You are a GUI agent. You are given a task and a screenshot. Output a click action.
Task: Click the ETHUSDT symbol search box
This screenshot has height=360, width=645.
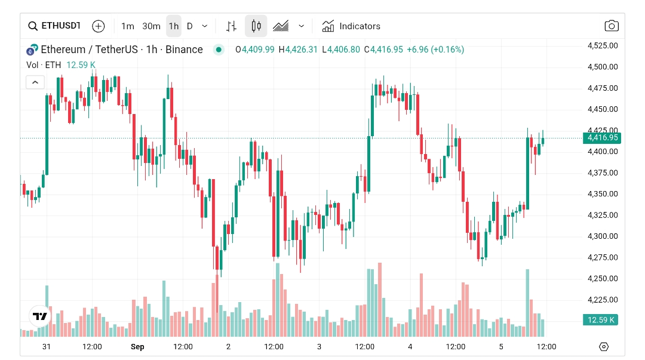tap(54, 26)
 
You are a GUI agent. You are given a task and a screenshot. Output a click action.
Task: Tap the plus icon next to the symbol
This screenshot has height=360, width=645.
tap(99, 26)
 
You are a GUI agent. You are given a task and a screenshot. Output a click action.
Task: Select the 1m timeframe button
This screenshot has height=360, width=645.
tap(127, 26)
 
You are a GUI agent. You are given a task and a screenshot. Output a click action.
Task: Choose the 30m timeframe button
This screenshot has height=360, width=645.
tap(151, 26)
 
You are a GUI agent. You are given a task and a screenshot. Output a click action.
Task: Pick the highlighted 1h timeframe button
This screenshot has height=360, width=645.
tap(174, 26)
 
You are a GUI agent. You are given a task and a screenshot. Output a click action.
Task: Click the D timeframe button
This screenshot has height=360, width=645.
tap(190, 26)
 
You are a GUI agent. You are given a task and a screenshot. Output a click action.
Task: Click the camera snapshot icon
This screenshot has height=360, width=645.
tap(611, 26)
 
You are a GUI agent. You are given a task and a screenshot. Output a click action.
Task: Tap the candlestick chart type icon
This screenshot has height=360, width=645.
tap(256, 26)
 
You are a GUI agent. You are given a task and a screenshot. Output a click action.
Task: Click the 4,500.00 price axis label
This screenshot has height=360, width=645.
tap(602, 67)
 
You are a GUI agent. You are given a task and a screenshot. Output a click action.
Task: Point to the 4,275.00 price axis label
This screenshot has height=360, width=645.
tap(602, 257)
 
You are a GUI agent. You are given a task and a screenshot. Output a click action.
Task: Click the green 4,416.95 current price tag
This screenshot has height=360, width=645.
tap(602, 138)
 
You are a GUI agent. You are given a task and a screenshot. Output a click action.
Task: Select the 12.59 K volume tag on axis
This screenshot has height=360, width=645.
tap(601, 320)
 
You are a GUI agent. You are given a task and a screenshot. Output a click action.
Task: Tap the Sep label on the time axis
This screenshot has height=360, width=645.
tap(137, 347)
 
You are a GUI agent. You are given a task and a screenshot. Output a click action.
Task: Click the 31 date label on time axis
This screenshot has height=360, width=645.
tap(46, 347)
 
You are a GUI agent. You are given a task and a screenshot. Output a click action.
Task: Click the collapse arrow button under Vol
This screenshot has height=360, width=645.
tap(35, 82)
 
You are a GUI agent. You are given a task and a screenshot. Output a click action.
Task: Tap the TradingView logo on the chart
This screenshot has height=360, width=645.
tap(40, 316)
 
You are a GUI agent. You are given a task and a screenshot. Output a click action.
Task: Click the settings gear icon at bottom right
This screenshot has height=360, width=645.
tap(603, 347)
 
